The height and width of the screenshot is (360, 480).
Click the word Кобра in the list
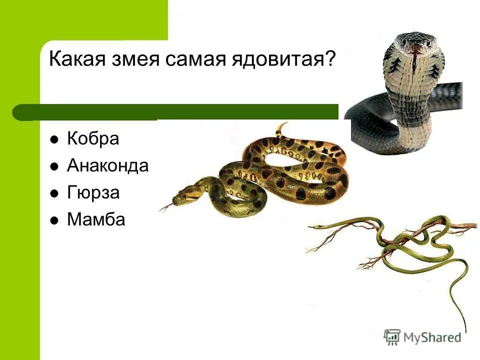(93, 139)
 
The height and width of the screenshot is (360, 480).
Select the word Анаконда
(107, 165)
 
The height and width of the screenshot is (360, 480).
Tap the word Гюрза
(93, 192)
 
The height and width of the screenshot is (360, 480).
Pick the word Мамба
(96, 219)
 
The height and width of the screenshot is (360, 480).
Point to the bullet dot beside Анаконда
(54, 166)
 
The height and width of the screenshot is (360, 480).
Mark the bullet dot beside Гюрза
(54, 193)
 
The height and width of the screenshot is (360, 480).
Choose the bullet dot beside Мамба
(54, 219)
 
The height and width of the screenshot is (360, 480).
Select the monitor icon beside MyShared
(392, 336)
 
